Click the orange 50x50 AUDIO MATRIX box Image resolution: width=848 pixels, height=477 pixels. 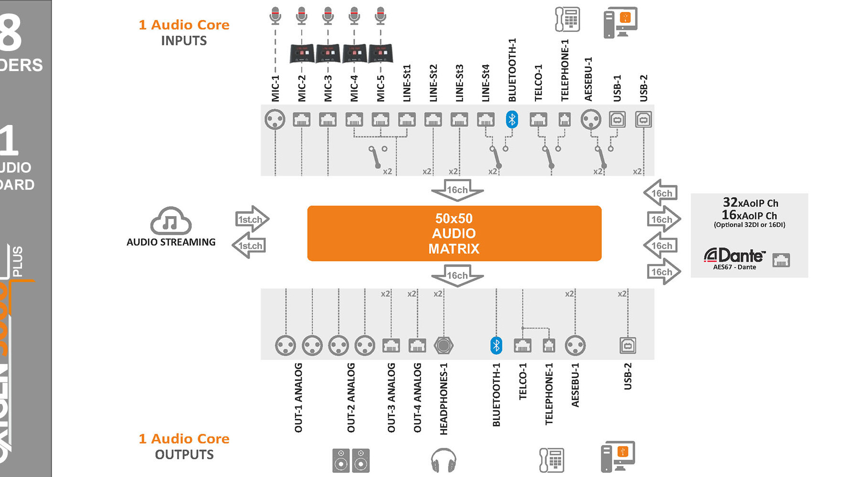tap(454, 233)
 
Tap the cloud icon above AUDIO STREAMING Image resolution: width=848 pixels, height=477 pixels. tap(171, 221)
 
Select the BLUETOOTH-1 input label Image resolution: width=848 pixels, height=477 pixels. tap(512, 70)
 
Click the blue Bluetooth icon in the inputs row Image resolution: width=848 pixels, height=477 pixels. tap(512, 119)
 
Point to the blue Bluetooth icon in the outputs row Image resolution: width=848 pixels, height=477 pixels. tap(496, 345)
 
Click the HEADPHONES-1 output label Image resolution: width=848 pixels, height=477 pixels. tap(444, 399)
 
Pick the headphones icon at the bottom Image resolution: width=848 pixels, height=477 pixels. tap(443, 460)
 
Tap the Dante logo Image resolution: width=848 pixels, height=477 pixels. tap(734, 256)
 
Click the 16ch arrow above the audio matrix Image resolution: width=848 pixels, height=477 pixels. tap(457, 190)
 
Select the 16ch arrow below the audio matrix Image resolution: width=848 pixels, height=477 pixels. tap(457, 276)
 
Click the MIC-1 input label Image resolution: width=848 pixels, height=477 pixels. tap(275, 88)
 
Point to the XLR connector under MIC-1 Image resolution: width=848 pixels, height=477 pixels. tap(275, 119)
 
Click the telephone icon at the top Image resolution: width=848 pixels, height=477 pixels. tap(567, 20)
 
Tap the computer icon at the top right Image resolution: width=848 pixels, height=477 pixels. tap(620, 22)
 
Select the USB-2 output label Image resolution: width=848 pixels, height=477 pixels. tap(628, 376)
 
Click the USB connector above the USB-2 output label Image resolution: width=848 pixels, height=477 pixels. tap(628, 345)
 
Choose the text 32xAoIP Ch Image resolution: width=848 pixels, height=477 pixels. tap(750, 203)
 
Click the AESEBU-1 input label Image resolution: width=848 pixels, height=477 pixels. tap(588, 79)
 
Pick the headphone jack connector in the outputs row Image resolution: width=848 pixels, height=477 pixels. tap(443, 345)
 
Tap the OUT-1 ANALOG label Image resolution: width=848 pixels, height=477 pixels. tap(299, 398)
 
